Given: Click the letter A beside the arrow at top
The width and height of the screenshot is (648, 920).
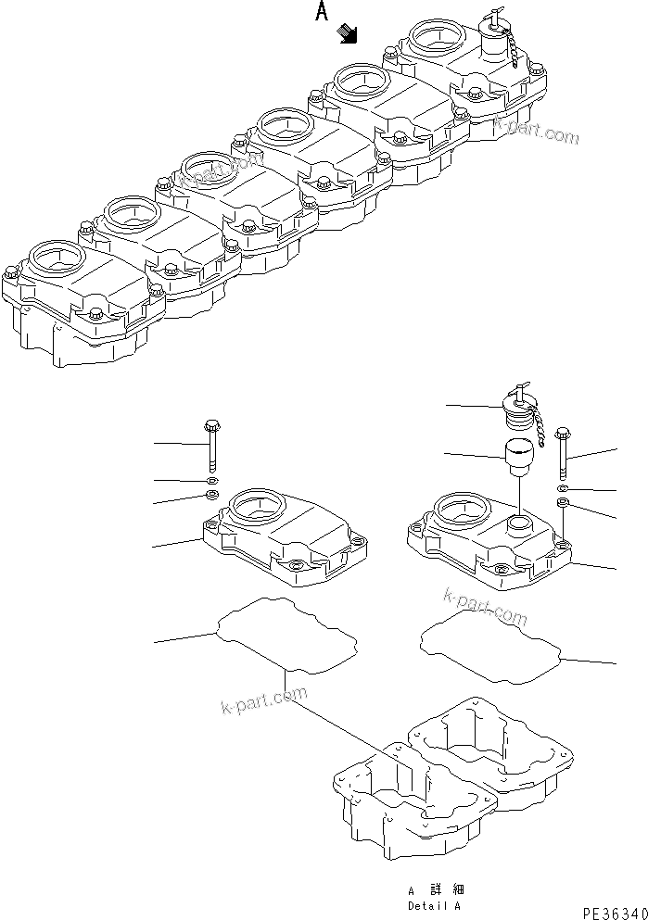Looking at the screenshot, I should click(x=322, y=12).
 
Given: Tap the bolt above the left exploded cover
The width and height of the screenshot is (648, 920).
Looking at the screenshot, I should click(x=210, y=445).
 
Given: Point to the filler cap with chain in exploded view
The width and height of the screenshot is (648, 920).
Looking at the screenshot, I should click(x=515, y=407).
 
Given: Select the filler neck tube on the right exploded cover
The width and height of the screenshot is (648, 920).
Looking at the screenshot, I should click(x=519, y=526).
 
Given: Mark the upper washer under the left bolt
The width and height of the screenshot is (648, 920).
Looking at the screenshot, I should click(x=212, y=482).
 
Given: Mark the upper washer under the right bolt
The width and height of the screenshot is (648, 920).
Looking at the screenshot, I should click(x=564, y=487).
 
